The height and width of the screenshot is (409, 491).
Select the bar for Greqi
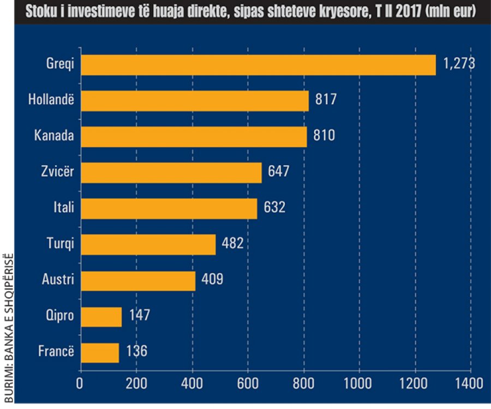tap(258, 65)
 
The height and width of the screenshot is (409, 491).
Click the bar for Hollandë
tap(195, 100)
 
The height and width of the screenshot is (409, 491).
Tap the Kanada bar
tap(194, 136)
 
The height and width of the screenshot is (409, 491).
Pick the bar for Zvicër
tap(171, 172)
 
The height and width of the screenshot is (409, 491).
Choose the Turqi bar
tap(148, 244)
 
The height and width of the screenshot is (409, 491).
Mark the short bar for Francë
tap(100, 352)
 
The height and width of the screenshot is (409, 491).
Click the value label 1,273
tap(459, 64)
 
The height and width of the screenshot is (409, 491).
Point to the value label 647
tap(278, 172)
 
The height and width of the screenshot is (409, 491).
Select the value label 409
tap(212, 280)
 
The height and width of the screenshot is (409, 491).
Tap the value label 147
tap(139, 316)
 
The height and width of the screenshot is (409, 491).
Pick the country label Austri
tap(58, 280)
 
